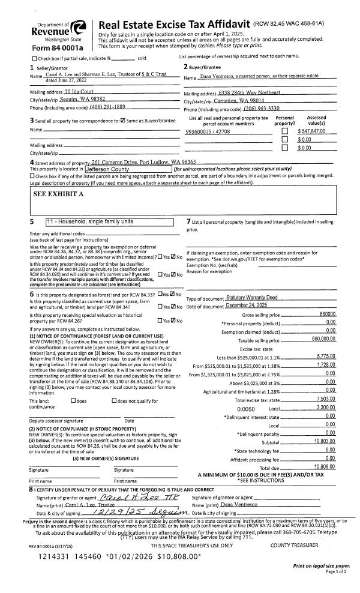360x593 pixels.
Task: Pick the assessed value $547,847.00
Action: tap(316, 131)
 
